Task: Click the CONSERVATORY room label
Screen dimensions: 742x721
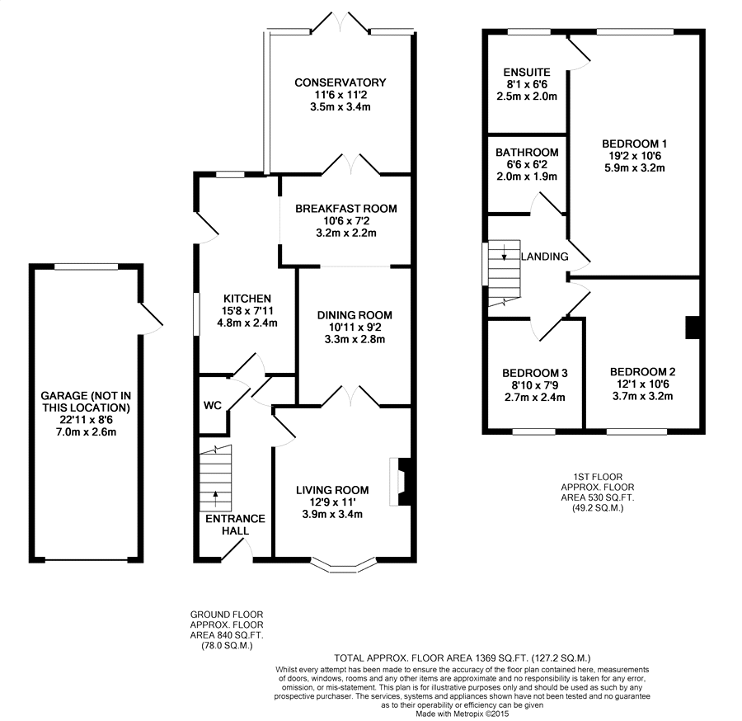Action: (x=340, y=82)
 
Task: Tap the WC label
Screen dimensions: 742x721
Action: (x=213, y=405)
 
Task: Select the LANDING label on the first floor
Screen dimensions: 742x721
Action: (x=545, y=257)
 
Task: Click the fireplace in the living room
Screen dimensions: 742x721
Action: (x=400, y=482)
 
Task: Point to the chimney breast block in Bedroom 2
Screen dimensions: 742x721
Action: (x=693, y=328)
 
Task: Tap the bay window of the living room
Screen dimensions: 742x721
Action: (x=344, y=566)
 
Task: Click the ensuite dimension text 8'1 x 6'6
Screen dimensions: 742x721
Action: (x=527, y=84)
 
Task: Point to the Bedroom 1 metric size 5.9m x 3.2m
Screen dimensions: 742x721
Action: (x=635, y=168)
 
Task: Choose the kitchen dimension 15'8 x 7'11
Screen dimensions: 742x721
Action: (x=247, y=311)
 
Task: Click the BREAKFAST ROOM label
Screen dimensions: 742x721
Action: (x=346, y=209)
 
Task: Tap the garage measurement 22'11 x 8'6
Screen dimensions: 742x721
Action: (x=86, y=420)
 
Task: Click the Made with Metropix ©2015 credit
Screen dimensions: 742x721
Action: (x=462, y=714)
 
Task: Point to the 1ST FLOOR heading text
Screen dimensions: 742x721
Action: (x=598, y=477)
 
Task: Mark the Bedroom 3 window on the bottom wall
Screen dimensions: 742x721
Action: (x=533, y=431)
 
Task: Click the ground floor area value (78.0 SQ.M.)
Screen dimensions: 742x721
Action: (x=223, y=646)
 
